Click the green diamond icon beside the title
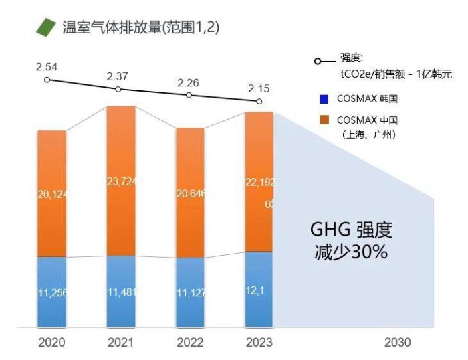click(x=46, y=27)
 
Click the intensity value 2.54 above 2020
click(x=47, y=67)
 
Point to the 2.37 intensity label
click(x=118, y=76)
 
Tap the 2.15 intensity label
click(x=259, y=88)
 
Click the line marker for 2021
click(x=118, y=89)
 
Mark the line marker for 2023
click(x=259, y=101)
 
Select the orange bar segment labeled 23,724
click(x=121, y=181)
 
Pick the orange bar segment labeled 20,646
click(x=190, y=193)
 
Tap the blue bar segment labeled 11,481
click(x=121, y=292)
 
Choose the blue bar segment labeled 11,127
click(x=190, y=292)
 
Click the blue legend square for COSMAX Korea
click(x=324, y=100)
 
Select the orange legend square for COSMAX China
click(x=324, y=120)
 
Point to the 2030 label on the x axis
click(x=398, y=343)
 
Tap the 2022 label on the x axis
click(x=190, y=343)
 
